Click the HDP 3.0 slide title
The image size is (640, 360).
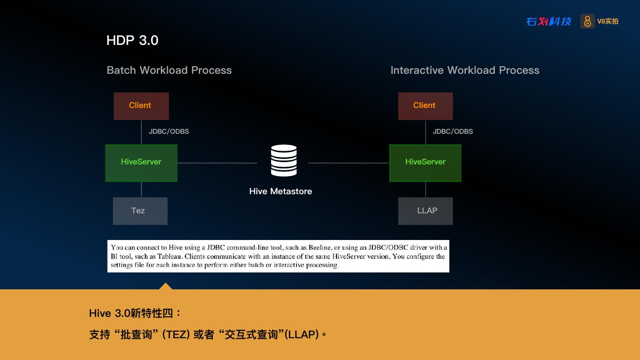click(x=132, y=40)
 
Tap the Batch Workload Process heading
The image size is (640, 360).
click(x=169, y=70)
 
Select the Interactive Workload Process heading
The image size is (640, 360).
click(x=465, y=70)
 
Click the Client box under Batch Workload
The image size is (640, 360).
click(x=141, y=106)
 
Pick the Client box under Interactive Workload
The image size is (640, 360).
click(x=425, y=106)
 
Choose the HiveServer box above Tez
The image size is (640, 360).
click(x=141, y=163)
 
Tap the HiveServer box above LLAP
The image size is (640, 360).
click(x=425, y=163)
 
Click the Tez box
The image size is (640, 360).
click(x=140, y=211)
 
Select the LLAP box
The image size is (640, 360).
click(x=425, y=211)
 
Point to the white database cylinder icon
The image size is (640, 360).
click(x=284, y=160)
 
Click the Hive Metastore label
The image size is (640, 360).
click(x=280, y=192)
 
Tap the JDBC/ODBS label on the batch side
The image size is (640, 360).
click(x=169, y=132)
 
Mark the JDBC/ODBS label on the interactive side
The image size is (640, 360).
click(x=453, y=132)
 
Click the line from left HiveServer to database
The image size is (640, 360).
click(x=217, y=163)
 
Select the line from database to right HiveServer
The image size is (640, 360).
click(x=348, y=163)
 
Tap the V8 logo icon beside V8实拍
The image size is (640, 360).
click(x=587, y=21)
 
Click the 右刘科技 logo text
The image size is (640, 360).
click(x=548, y=21)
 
